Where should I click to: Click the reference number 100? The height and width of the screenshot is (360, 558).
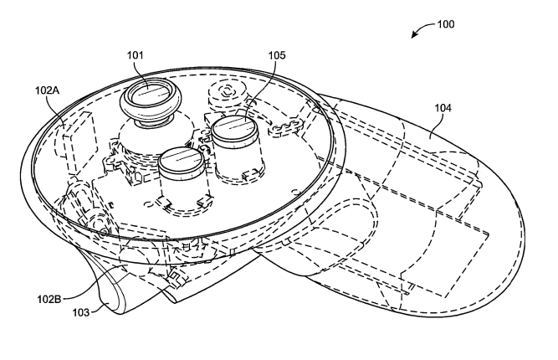(x=446, y=24)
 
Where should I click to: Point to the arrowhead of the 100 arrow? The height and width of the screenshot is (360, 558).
(x=414, y=35)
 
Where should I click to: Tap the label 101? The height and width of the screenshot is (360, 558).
(x=136, y=55)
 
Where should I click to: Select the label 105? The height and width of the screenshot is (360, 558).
(x=277, y=55)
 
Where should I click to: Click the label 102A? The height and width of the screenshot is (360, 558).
(x=47, y=90)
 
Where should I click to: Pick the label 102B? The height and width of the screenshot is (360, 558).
(x=49, y=300)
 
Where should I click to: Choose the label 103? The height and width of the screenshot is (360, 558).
(x=81, y=312)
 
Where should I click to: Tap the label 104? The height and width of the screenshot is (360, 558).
(x=443, y=108)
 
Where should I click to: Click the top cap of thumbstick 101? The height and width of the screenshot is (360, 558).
(x=150, y=93)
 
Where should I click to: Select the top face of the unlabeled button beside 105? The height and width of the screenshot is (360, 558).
(x=181, y=159)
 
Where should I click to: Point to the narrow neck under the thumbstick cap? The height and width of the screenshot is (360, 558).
(x=151, y=122)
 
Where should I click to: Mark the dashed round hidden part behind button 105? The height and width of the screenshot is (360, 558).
(x=227, y=92)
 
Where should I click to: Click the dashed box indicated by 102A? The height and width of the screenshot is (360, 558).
(x=76, y=140)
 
